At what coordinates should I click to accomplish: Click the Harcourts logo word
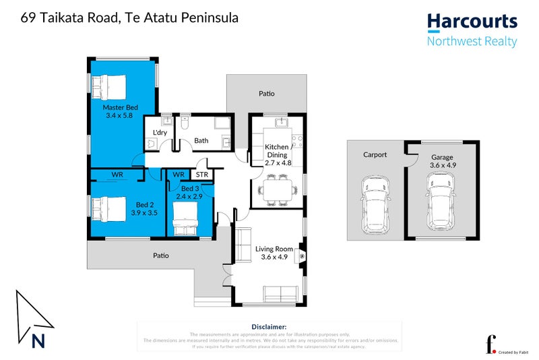pos(472,23)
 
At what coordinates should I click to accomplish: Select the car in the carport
pos(374,202)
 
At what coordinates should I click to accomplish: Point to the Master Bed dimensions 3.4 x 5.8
pos(121,116)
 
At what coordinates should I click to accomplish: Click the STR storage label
pos(203,175)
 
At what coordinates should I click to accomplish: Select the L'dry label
pos(160,132)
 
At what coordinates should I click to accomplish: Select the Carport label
pos(375,154)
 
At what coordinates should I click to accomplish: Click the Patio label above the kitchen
pos(267,94)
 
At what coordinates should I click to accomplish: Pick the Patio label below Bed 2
pos(160,256)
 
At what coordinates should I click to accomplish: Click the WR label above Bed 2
pos(117,175)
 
